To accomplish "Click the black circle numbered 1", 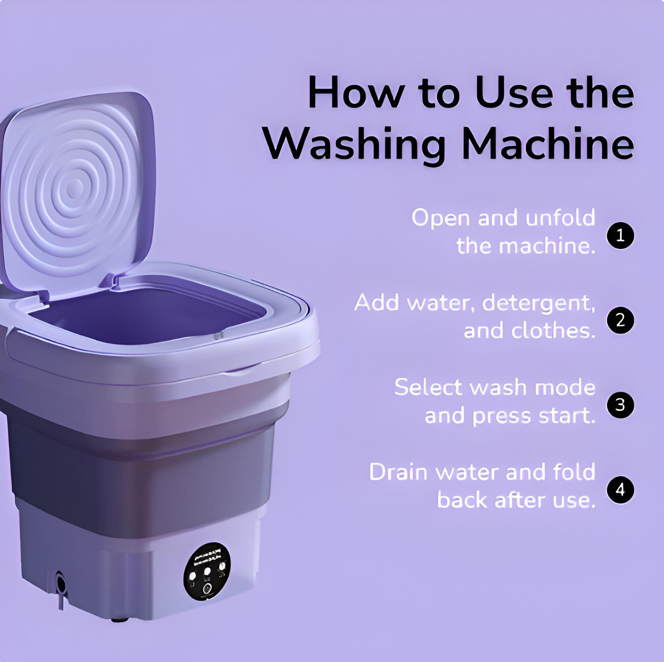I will click(620, 236).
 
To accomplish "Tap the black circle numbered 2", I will click(620, 321).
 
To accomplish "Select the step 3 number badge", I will click(620, 405).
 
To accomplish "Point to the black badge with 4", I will click(620, 490).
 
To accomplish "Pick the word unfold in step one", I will click(560, 218).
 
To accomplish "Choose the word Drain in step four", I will click(398, 472).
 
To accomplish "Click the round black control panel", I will click(207, 577).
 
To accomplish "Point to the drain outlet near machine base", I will click(61, 585).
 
